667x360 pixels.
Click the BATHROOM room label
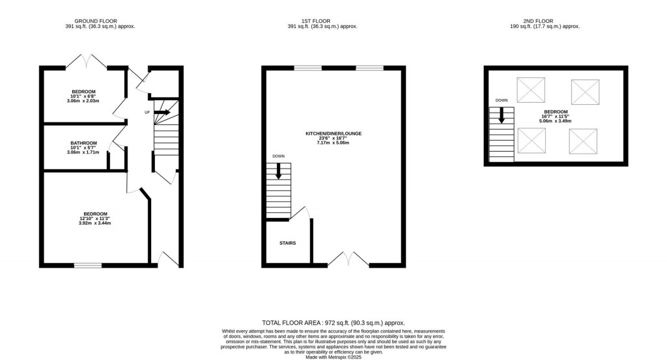(84, 143)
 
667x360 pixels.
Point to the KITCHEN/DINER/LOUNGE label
(333, 133)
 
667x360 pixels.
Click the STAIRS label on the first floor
(288, 243)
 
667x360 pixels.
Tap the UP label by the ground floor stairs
(147, 113)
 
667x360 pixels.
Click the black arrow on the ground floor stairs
(163, 113)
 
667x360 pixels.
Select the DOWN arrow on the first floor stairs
(279, 171)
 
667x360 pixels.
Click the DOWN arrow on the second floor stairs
(502, 116)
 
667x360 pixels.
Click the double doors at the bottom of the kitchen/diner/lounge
(348, 260)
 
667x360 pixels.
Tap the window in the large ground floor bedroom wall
(88, 265)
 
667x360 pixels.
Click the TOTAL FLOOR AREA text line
(333, 323)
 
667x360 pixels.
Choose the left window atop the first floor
(307, 67)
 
